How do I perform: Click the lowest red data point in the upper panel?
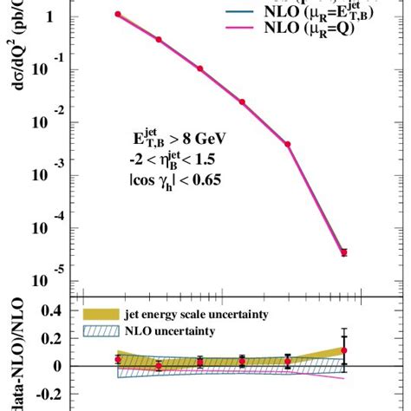click(x=343, y=252)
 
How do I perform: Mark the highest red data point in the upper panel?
click(x=118, y=15)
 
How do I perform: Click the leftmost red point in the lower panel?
click(x=118, y=359)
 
